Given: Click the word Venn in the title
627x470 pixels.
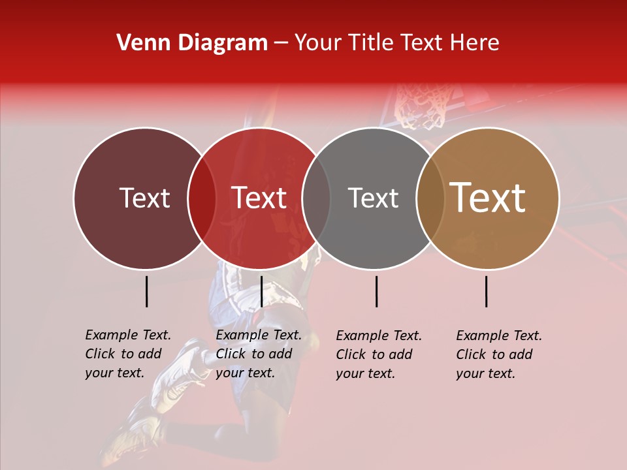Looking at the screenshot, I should [138, 43].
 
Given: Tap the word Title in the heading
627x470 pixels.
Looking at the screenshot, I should [370, 43].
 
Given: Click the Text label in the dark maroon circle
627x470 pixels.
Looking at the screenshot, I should [144, 198].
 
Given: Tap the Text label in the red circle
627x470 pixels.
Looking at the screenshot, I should [259, 198].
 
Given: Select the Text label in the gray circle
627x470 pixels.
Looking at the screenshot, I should [373, 198].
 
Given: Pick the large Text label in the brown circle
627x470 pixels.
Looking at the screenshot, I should [488, 198].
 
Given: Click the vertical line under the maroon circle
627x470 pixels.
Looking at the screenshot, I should [146, 291].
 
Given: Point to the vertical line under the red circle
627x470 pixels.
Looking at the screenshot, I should [261, 291].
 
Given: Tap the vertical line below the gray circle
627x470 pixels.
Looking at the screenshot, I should [376, 291].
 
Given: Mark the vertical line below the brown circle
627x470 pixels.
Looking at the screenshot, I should [486, 291].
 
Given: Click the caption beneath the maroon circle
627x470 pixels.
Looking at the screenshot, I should [127, 354].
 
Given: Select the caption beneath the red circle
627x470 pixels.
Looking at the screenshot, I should [258, 354].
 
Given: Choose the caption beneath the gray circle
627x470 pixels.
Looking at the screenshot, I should [378, 354].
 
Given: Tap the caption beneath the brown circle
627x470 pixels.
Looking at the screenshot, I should [498, 354].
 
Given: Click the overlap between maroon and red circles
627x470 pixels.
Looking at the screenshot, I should [202, 198].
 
